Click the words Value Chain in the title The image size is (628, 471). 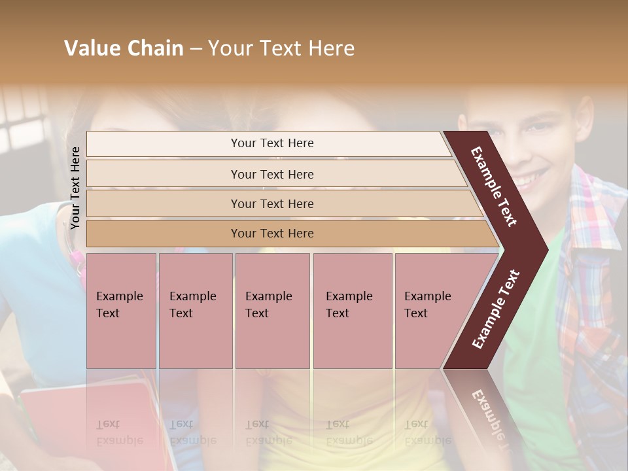click(x=124, y=48)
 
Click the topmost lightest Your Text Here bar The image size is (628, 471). click(x=271, y=143)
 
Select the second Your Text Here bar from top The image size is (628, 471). click(x=271, y=174)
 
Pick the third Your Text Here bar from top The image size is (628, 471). click(x=271, y=203)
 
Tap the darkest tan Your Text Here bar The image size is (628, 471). click(x=271, y=234)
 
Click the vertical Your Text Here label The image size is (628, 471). click(x=75, y=188)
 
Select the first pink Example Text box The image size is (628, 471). click(x=121, y=311)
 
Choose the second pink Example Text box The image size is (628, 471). click(x=195, y=311)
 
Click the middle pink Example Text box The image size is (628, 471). click(x=272, y=311)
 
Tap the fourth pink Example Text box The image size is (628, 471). click(x=352, y=311)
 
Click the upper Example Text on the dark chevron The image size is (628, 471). click(x=494, y=186)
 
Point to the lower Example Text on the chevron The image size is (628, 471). click(x=496, y=309)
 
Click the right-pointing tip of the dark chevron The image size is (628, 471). click(x=544, y=249)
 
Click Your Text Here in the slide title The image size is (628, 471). click(x=281, y=48)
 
